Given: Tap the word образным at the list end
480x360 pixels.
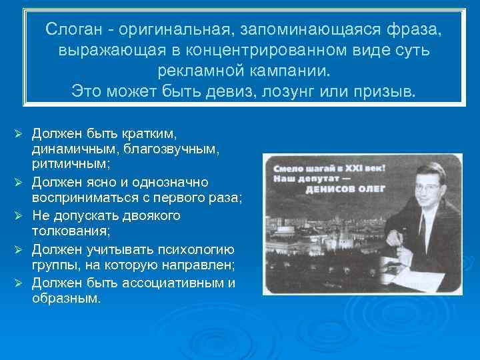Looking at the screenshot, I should click(x=65, y=299).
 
